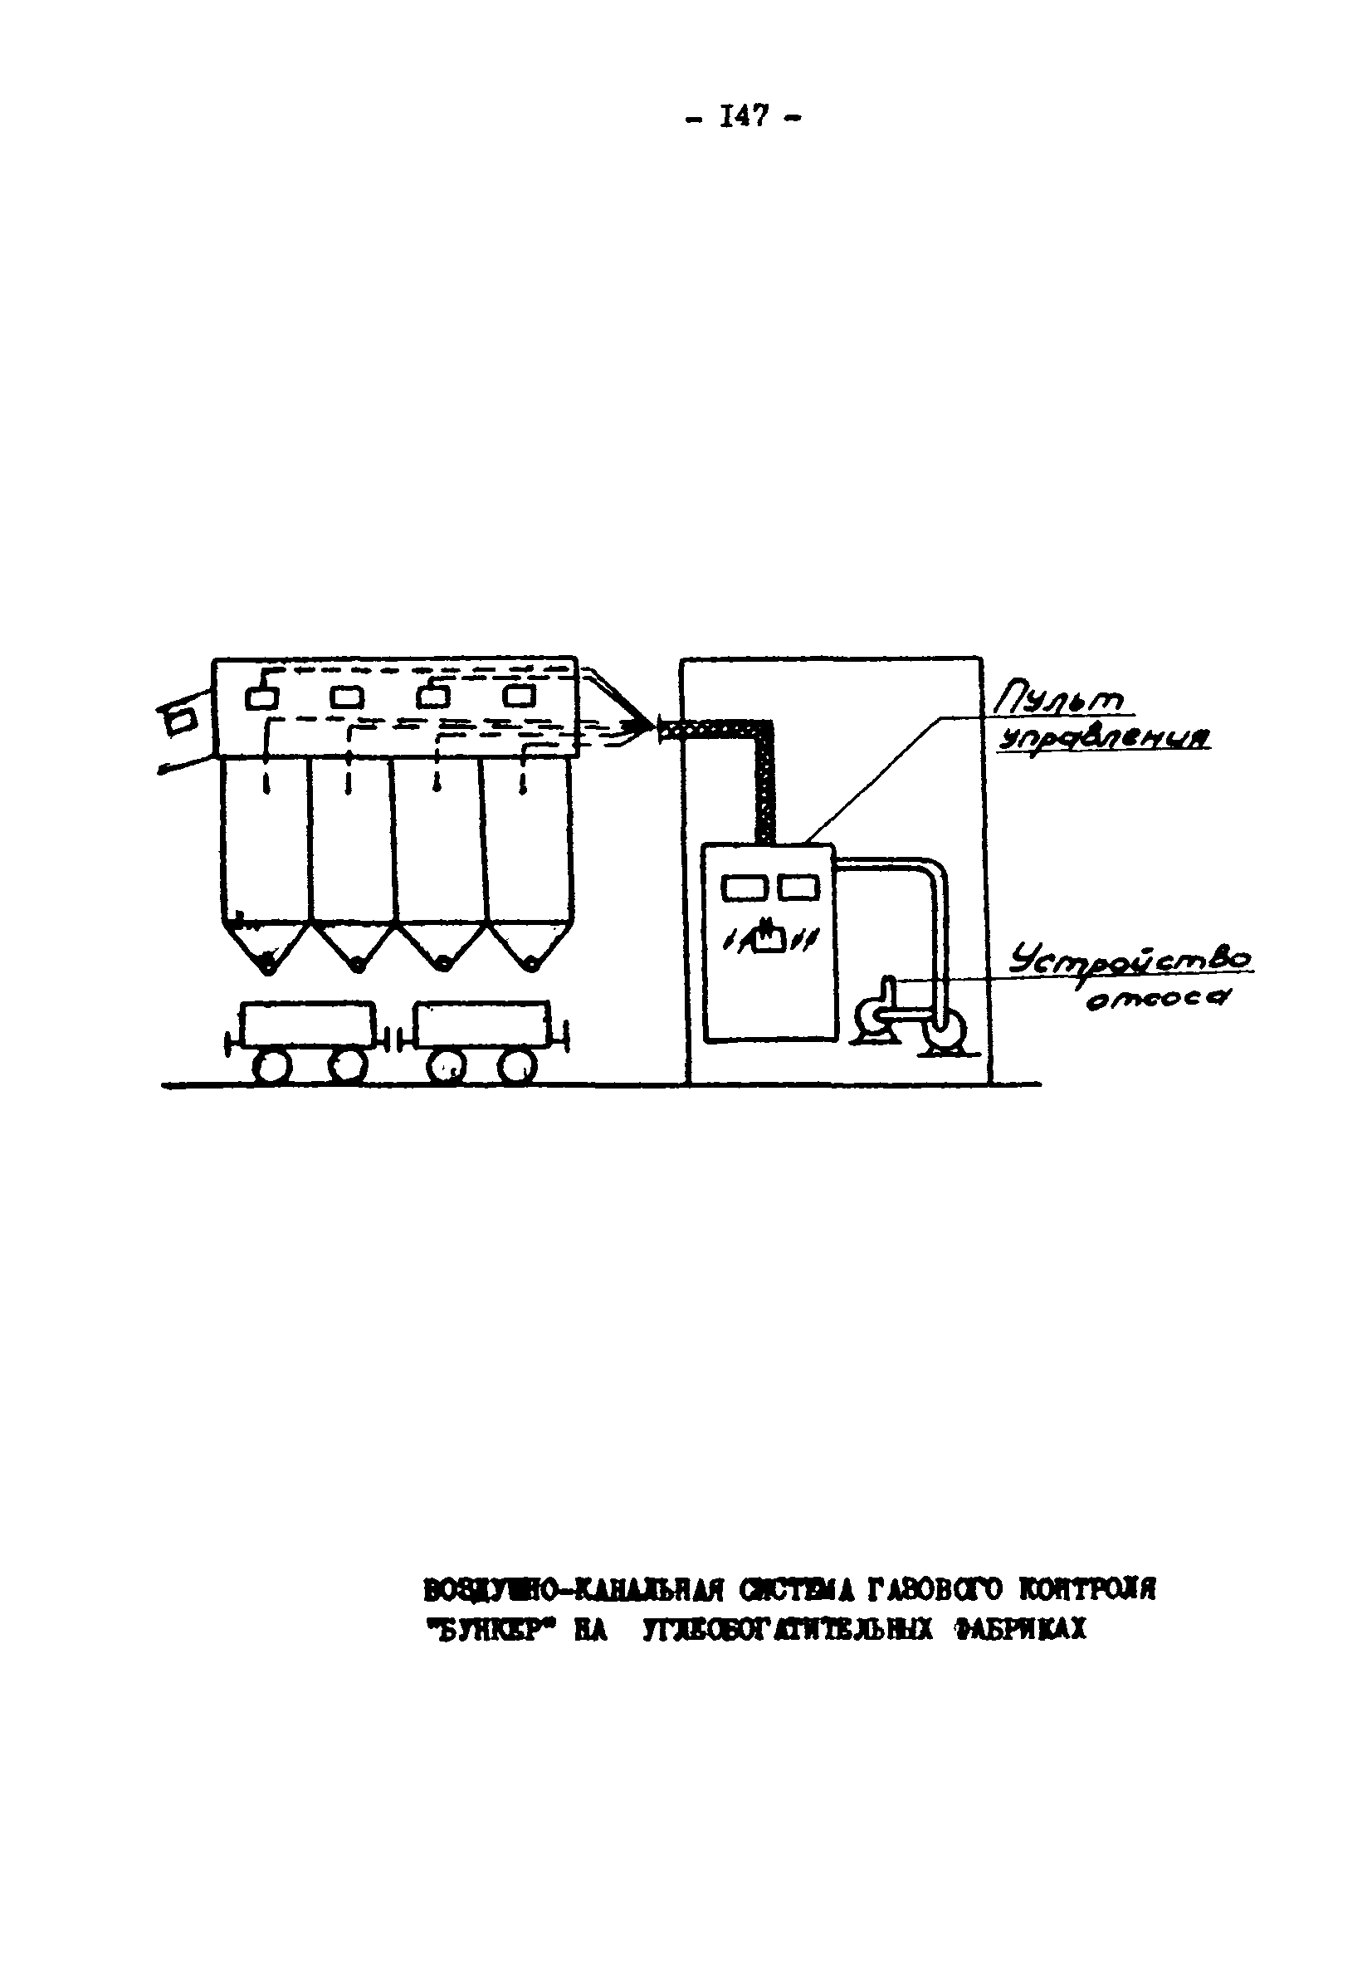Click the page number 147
coord(742,116)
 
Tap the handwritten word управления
coord(1104,739)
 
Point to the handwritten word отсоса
coord(1157,997)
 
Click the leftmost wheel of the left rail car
coord(271,1065)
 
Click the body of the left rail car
coord(308,1023)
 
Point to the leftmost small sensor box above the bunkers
coord(262,698)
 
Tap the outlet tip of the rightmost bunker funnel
coord(530,966)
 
